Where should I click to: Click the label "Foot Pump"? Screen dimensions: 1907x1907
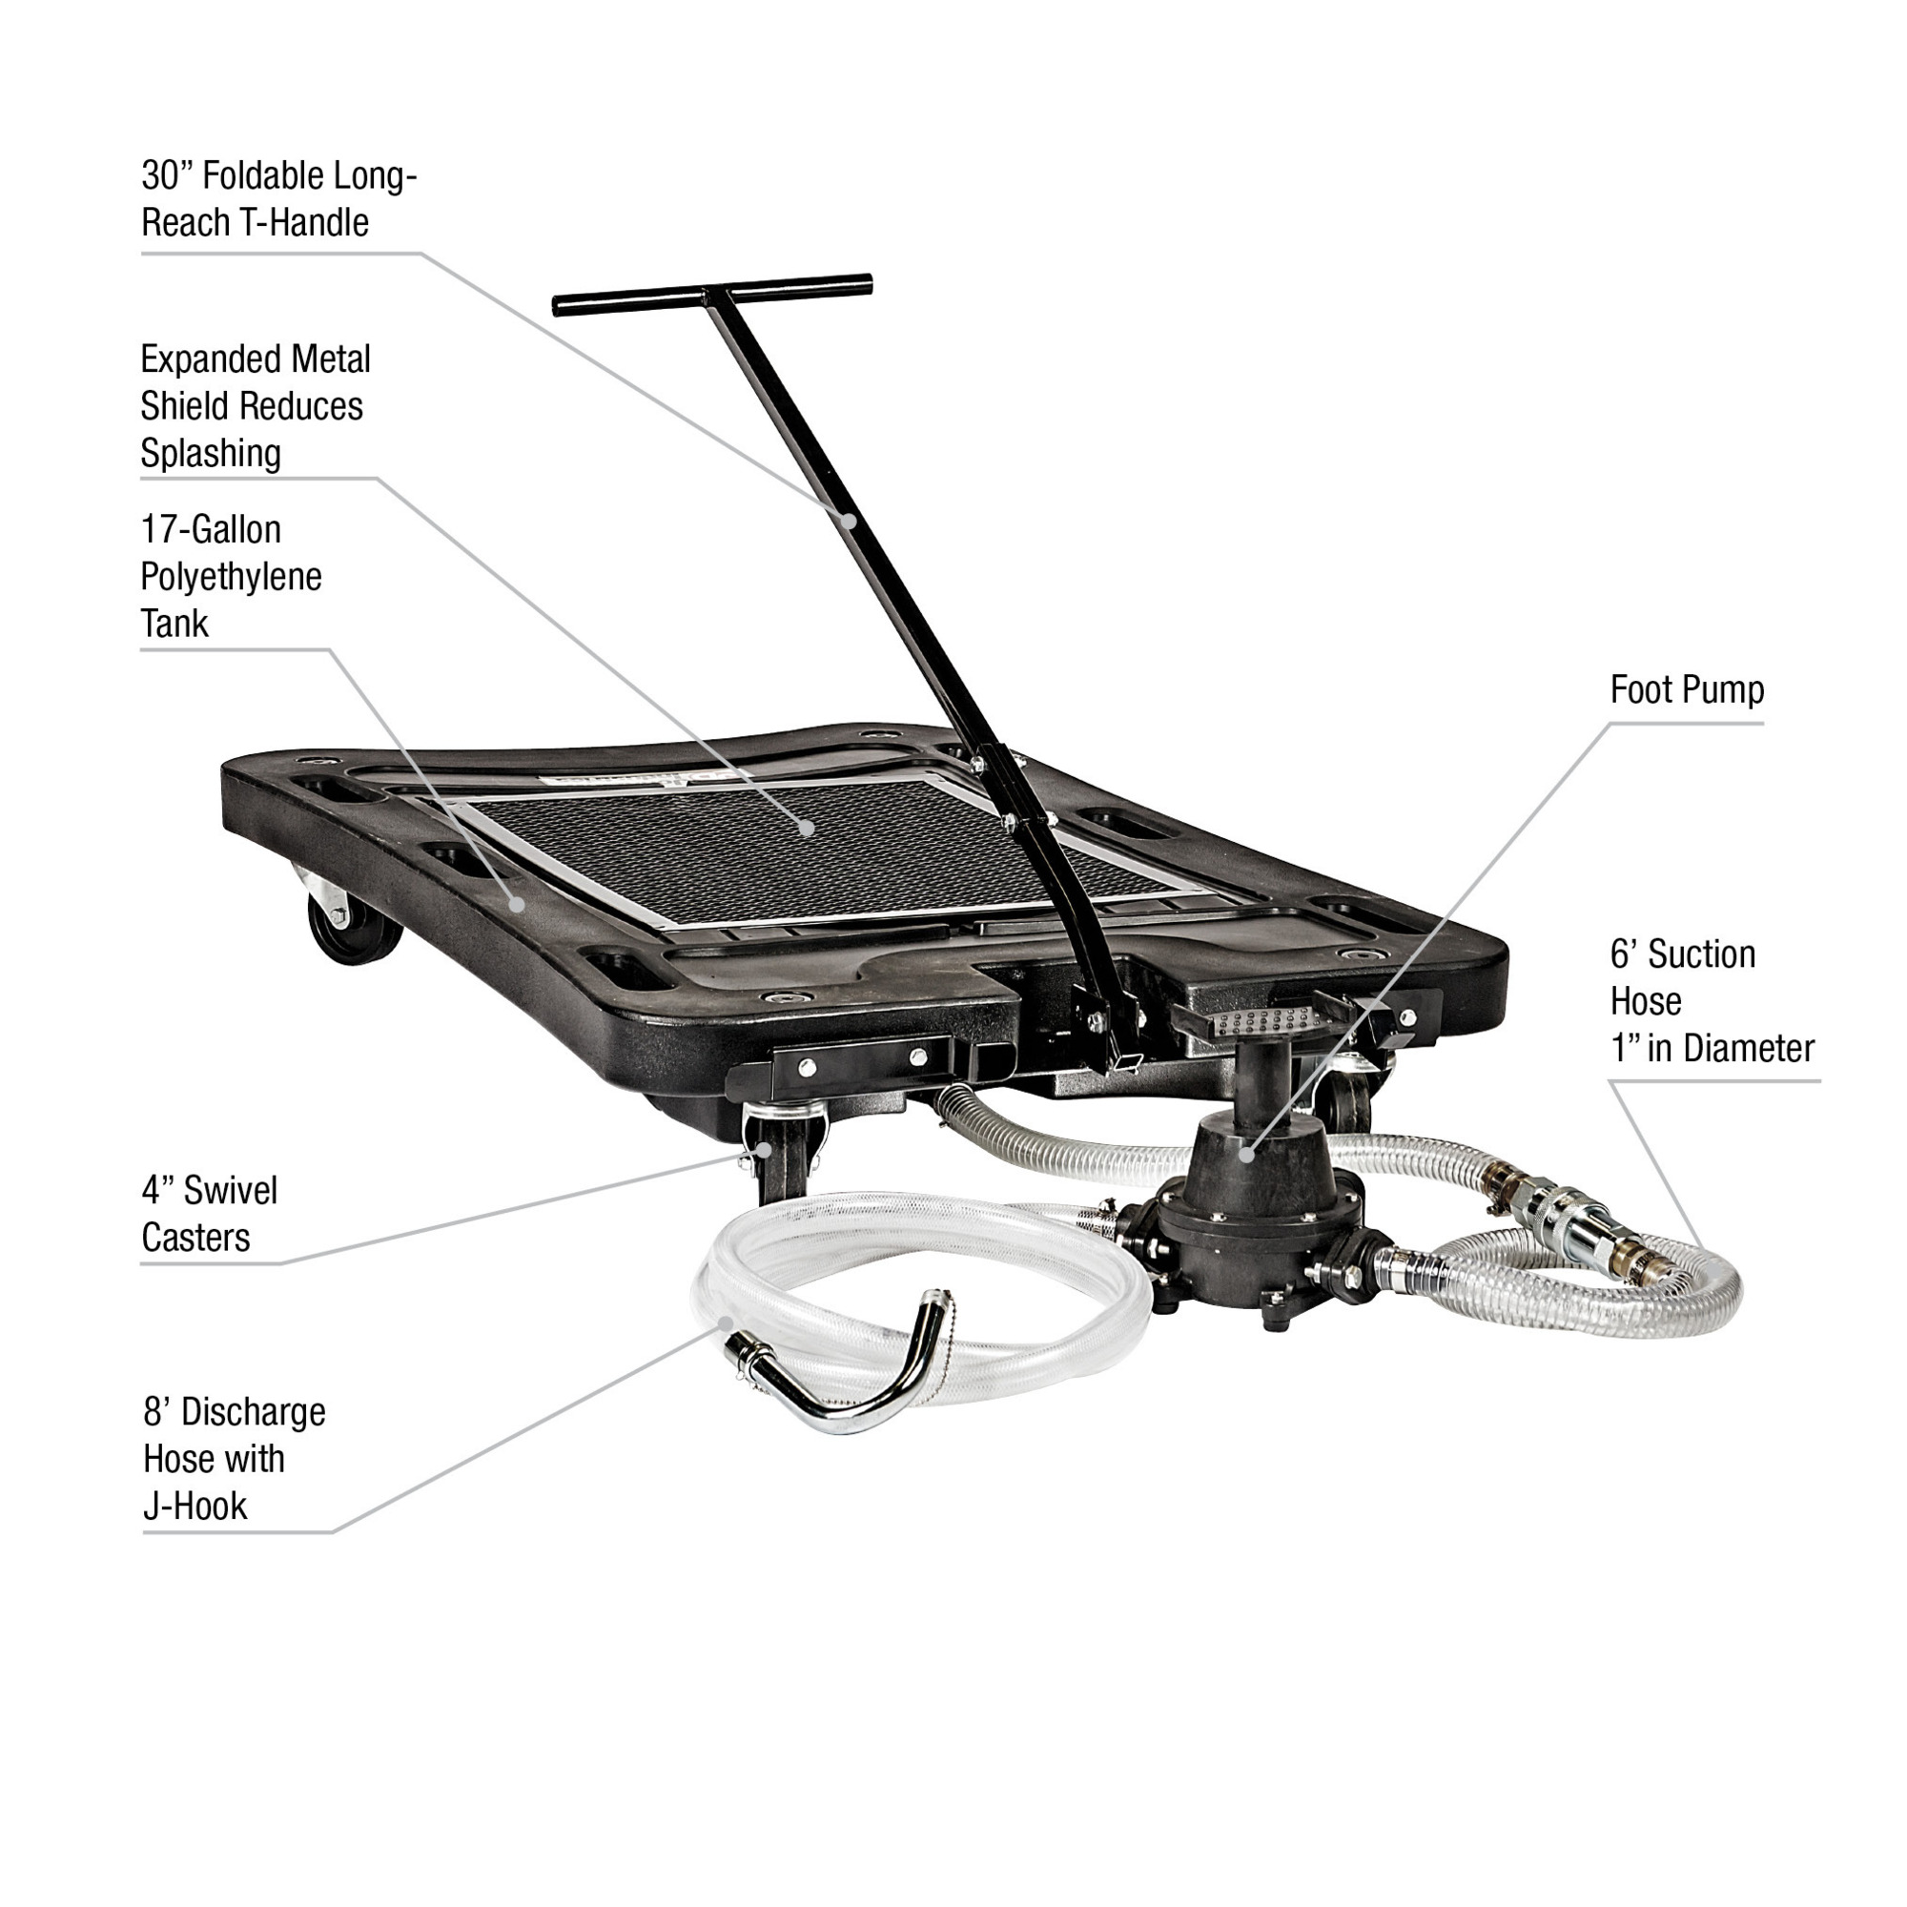[1687, 690]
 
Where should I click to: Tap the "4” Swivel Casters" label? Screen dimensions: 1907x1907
[209, 1213]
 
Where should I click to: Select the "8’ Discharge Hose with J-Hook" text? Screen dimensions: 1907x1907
[234, 1459]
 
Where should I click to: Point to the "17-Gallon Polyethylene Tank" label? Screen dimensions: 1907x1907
[231, 577]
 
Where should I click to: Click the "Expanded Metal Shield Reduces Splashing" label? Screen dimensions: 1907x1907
[255, 405]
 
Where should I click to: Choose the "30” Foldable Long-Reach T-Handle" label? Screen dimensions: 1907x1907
[279, 198]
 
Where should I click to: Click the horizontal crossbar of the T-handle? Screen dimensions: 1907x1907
[712, 294]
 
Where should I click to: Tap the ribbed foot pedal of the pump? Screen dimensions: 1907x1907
[1252, 1021]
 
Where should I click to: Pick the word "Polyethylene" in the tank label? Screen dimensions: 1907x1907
[231, 577]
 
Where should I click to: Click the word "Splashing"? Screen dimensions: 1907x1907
[210, 453]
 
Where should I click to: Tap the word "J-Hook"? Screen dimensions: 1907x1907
[195, 1507]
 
